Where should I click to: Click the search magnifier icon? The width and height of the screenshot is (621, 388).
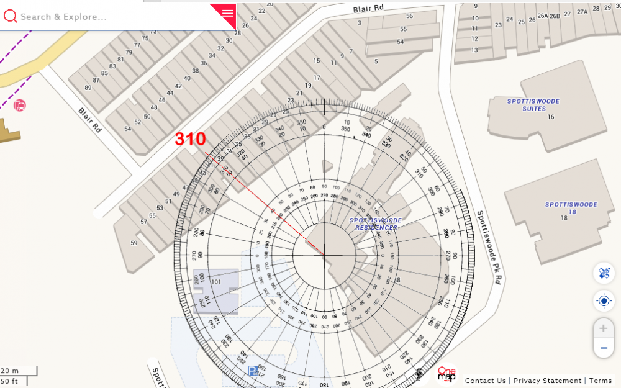[x=10, y=16]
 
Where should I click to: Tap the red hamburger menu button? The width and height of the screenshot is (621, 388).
[x=227, y=12]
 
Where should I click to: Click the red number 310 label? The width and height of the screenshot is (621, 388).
[x=189, y=139]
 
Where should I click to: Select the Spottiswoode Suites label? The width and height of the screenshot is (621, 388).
[x=533, y=105]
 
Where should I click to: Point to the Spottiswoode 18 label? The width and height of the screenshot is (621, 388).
[x=571, y=208]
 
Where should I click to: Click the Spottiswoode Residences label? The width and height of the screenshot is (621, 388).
[x=376, y=224]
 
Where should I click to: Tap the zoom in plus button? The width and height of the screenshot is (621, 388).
[x=603, y=328]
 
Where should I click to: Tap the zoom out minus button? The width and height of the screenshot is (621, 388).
[x=603, y=348]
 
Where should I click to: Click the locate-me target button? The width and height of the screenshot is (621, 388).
[x=604, y=301]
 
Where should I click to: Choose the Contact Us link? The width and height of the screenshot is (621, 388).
[x=485, y=381]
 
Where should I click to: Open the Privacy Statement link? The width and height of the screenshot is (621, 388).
[x=547, y=381]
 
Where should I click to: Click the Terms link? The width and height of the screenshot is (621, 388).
[x=601, y=381]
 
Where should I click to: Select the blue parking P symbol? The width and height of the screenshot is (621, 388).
[x=253, y=371]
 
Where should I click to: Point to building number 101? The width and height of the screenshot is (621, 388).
[x=216, y=282]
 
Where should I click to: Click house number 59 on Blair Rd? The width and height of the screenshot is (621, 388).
[x=134, y=243]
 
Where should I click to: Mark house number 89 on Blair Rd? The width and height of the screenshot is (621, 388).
[x=88, y=88]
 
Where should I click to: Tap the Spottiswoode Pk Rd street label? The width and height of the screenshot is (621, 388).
[x=488, y=247]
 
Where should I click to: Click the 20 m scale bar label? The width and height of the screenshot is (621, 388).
[x=10, y=371]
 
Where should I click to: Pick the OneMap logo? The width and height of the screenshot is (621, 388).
[x=446, y=374]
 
